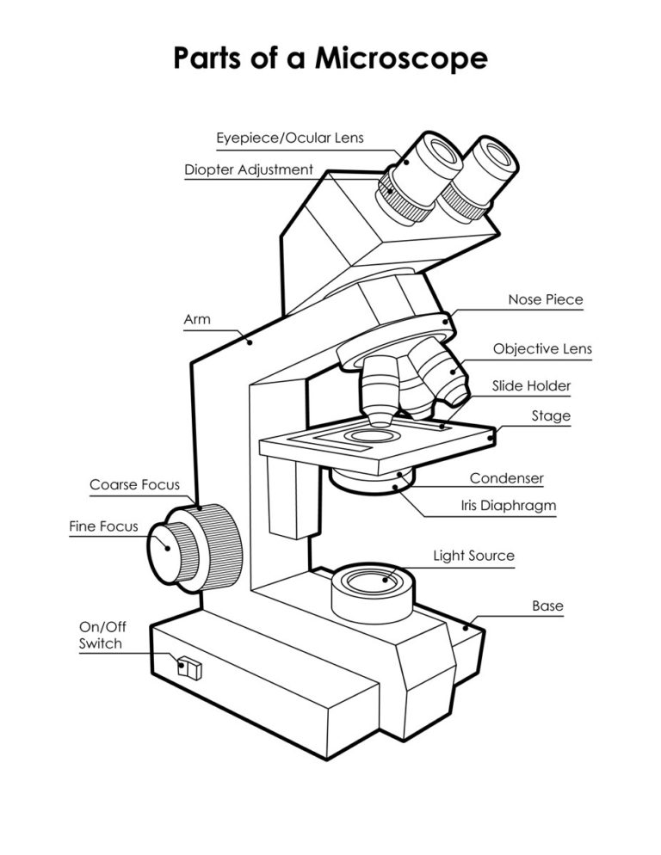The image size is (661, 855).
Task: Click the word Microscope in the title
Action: tap(400, 58)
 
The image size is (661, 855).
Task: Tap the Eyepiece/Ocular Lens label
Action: tap(290, 138)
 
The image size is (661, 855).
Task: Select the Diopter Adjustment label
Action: tap(249, 169)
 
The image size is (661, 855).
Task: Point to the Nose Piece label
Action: tap(545, 300)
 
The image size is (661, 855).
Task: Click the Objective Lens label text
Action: tap(542, 349)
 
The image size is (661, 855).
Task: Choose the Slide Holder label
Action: tap(531, 386)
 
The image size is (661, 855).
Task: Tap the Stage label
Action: tap(551, 416)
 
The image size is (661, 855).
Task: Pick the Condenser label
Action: tap(506, 478)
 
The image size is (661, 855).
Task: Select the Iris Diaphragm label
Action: tap(508, 507)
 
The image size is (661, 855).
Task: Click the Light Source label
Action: tap(473, 556)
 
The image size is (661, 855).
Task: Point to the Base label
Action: tap(547, 606)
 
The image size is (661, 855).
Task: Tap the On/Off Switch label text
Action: tap(101, 636)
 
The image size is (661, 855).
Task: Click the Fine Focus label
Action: tap(103, 526)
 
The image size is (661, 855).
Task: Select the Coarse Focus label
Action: tap(134, 485)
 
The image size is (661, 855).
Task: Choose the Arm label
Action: tap(197, 320)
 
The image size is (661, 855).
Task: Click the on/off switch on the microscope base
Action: tap(190, 668)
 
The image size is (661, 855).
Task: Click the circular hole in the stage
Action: tap(366, 437)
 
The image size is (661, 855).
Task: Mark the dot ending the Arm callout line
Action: tap(250, 341)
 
